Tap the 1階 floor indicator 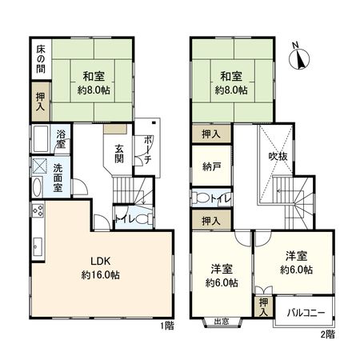pyautogui.click(x=166, y=327)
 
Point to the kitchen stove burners pyautogui.click(x=36, y=212)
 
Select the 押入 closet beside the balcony pyautogui.click(x=264, y=308)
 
